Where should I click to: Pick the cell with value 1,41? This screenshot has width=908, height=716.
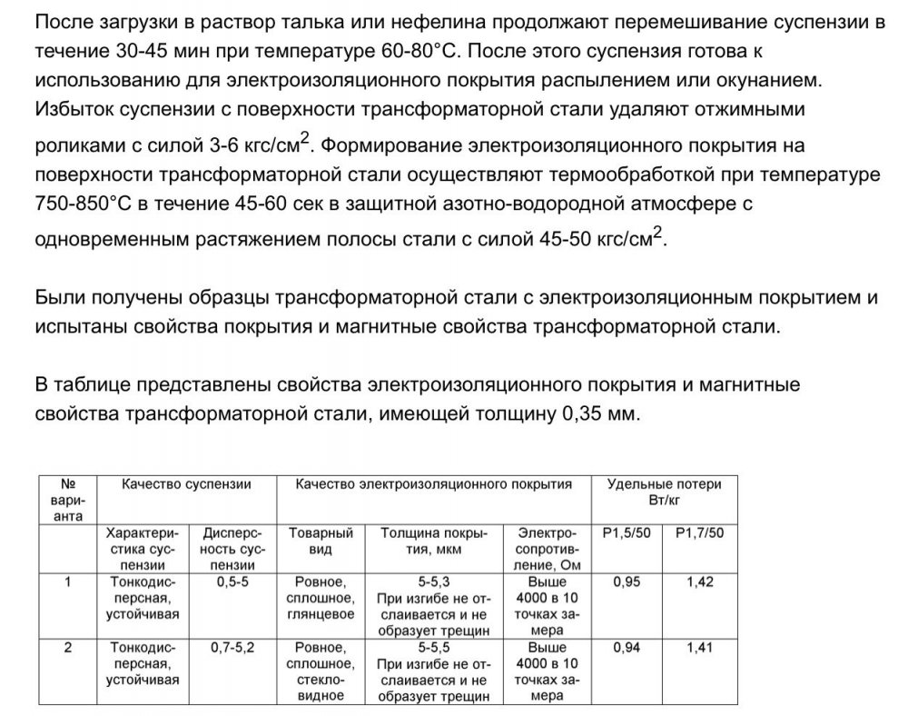(x=700, y=648)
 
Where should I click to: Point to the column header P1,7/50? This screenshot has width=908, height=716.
(x=700, y=532)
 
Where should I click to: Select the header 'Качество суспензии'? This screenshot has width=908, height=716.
(x=187, y=484)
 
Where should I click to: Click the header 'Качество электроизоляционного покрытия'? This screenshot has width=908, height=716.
(x=434, y=484)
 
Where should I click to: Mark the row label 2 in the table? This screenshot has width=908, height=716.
(x=69, y=648)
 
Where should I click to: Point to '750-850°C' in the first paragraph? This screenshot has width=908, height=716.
(x=80, y=202)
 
